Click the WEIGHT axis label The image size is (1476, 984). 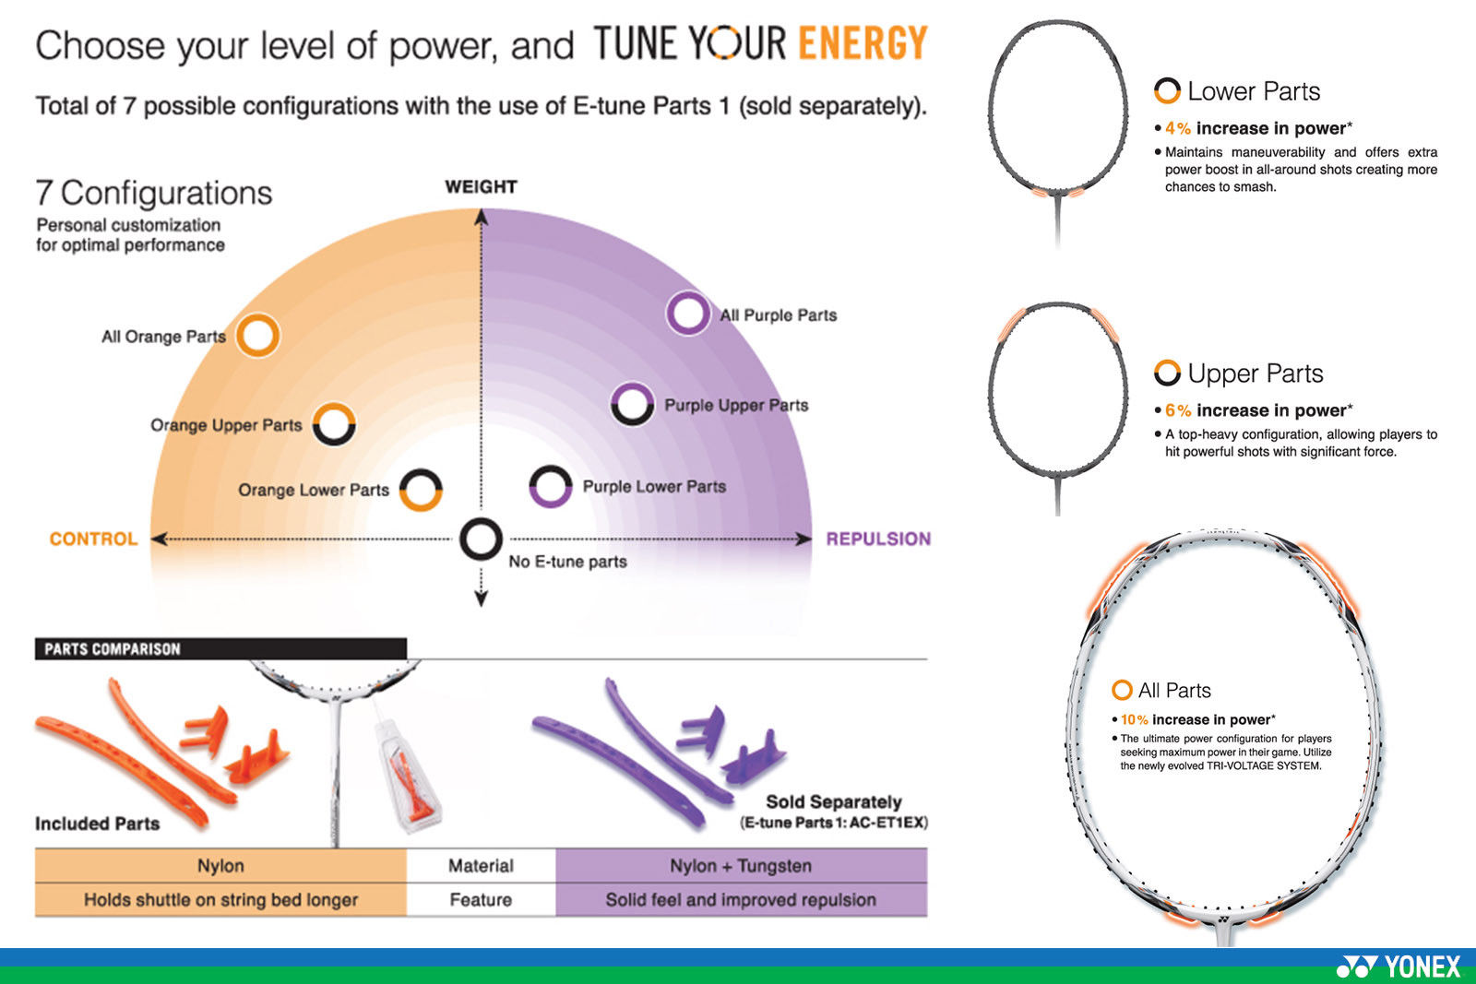481,187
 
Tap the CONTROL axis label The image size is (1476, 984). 93,539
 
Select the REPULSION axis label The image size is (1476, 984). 878,539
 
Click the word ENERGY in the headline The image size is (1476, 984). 863,43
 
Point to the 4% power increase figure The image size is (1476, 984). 1177,128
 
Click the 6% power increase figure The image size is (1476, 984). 1178,410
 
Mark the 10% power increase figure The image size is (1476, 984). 1134,719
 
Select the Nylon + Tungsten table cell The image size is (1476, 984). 742,865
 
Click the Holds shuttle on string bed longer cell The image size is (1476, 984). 220,900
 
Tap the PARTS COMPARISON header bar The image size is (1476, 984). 220,648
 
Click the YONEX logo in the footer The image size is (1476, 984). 1399,966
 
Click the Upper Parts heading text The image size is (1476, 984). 1256,373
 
